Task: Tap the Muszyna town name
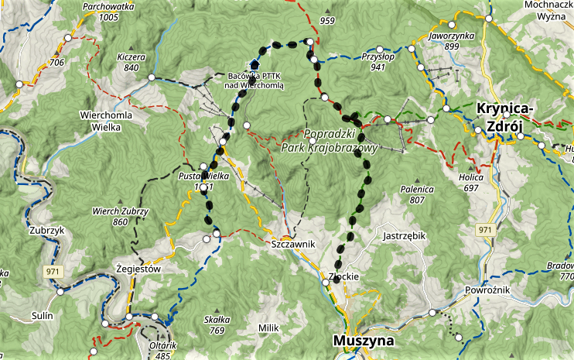363,340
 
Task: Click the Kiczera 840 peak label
132,62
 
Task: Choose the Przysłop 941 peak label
378,62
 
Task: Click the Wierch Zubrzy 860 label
120,216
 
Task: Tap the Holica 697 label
470,183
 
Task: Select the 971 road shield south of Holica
484,230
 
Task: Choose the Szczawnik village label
294,244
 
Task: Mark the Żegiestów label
136,269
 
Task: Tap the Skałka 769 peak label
217,324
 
